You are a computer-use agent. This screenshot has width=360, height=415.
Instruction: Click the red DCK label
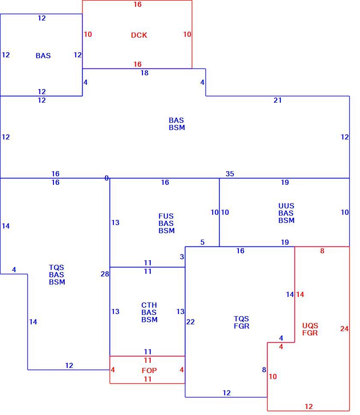139,35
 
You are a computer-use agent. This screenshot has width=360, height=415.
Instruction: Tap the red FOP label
149,371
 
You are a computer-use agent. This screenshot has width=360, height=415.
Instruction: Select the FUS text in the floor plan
166,216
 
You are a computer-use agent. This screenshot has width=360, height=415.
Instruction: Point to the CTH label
149,305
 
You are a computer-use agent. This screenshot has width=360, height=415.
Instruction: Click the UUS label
286,206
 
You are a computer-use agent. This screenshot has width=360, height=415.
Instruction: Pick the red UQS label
310,326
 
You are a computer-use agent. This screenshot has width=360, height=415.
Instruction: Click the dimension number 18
144,73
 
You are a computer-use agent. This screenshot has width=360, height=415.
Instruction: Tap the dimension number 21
277,100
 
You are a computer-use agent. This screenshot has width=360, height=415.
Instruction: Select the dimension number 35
230,174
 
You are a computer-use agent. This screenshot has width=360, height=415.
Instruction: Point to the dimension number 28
104,274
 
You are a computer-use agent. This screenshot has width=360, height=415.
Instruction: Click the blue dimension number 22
190,322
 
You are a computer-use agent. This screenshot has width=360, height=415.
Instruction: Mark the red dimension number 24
344,329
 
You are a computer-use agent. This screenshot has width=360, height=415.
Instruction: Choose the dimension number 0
107,178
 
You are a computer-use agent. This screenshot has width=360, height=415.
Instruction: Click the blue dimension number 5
202,243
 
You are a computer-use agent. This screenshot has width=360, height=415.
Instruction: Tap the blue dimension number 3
182,257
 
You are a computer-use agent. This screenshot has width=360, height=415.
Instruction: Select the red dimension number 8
322,251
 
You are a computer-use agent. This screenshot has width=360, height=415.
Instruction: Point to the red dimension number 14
300,294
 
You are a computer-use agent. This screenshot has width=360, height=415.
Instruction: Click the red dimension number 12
309,406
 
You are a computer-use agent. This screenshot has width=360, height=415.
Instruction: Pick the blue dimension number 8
264,370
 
